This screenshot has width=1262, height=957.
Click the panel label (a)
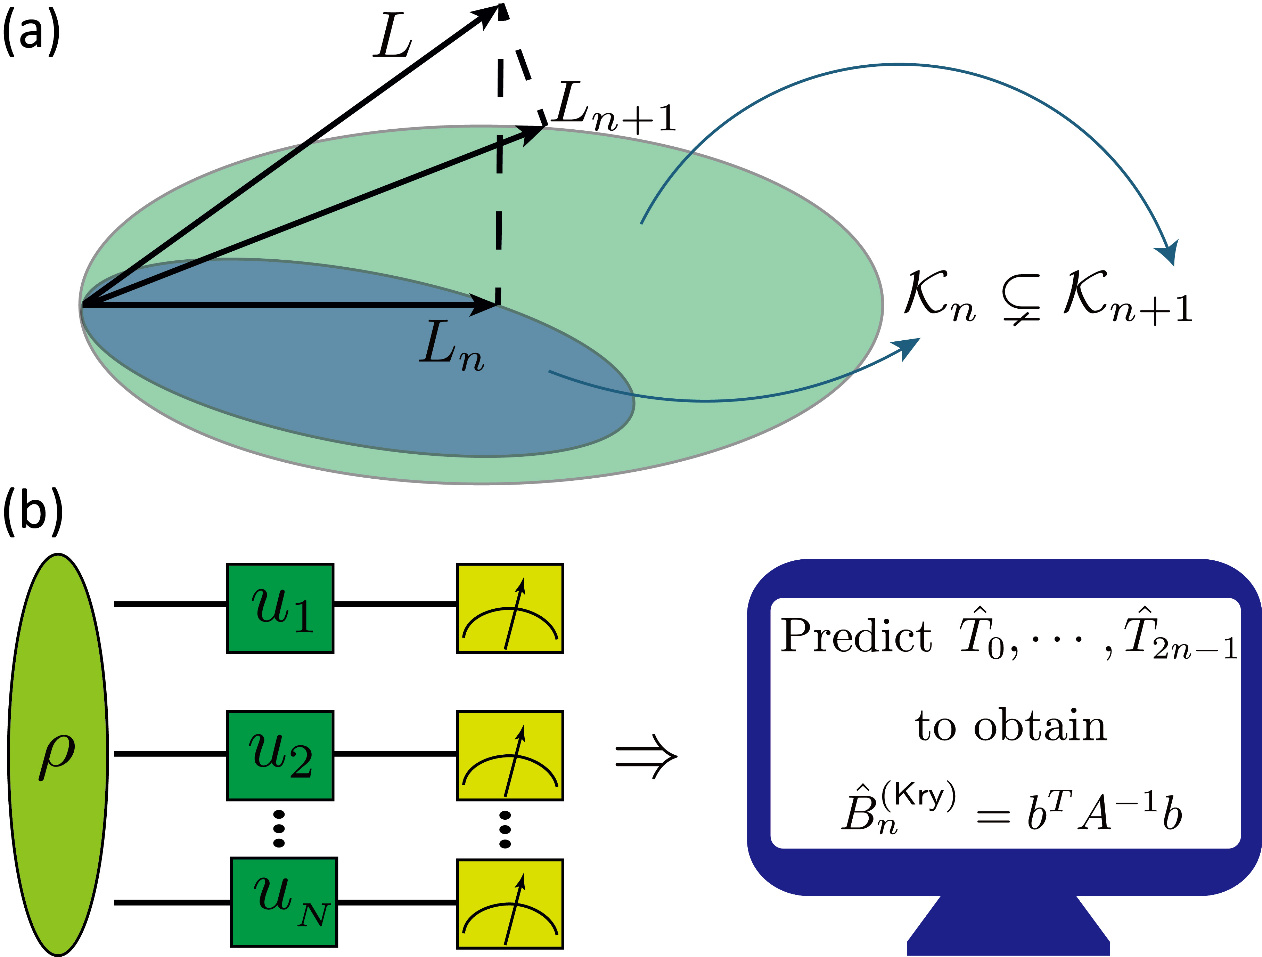(x=31, y=34)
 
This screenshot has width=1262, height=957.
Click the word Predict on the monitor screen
(x=856, y=636)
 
